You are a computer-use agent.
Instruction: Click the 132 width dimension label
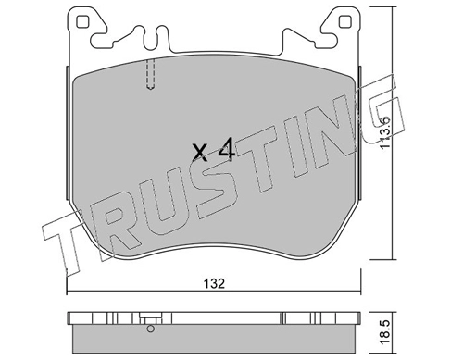pyautogui.click(x=214, y=283)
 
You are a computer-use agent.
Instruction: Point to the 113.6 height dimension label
pyautogui.click(x=386, y=132)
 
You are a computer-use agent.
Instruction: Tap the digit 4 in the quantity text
pyautogui.click(x=227, y=150)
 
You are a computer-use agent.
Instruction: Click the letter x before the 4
pyautogui.click(x=200, y=154)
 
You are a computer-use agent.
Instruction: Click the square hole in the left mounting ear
pyautogui.click(x=82, y=22)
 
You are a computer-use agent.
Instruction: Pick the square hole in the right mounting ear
pyautogui.click(x=344, y=22)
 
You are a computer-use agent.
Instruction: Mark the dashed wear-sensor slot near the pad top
pyautogui.click(x=150, y=74)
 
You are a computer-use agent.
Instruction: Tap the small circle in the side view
pyautogui.click(x=150, y=329)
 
